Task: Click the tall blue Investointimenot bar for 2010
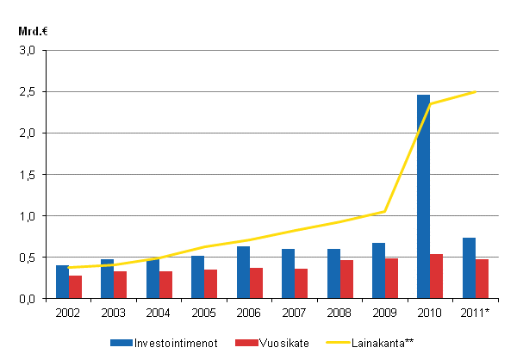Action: coord(423,196)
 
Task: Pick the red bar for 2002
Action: coord(75,287)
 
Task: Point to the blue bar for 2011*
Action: coord(469,268)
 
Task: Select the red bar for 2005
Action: coord(210,283)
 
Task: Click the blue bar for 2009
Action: coord(378,270)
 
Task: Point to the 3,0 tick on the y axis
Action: coord(28,51)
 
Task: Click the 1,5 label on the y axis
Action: coord(28,175)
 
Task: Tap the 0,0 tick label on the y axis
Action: coord(28,299)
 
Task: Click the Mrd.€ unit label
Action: coord(31,31)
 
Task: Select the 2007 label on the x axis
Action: coord(295,313)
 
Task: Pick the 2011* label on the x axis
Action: coord(476,313)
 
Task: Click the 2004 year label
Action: coord(159,313)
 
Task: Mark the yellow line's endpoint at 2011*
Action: coord(475,91)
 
